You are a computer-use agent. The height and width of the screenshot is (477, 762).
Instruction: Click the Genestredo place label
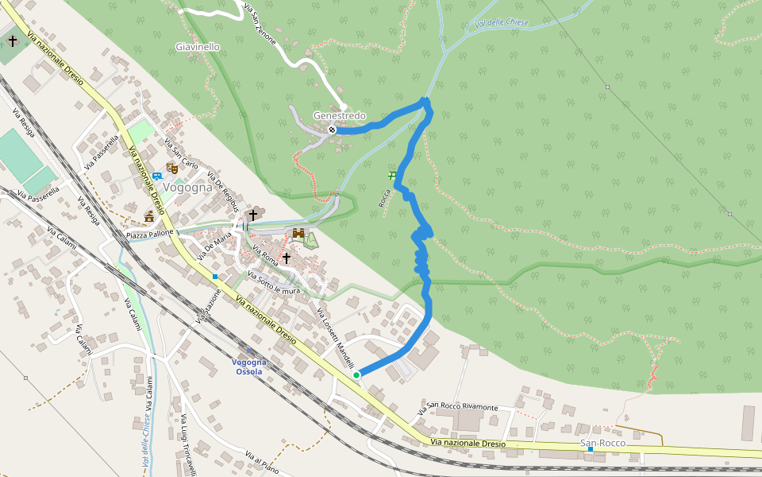(x=339, y=116)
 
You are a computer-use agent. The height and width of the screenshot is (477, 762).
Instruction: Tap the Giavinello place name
(x=197, y=47)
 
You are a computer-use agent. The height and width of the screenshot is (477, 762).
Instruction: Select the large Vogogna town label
(x=185, y=188)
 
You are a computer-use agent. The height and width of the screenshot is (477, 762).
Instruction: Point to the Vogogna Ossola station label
(x=249, y=366)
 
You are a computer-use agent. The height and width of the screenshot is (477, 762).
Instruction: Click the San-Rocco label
(x=602, y=443)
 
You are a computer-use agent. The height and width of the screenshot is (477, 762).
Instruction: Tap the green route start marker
(x=356, y=374)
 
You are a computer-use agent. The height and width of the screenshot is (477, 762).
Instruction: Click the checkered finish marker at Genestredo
(x=331, y=130)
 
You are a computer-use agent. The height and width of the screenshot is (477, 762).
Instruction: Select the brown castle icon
(x=298, y=234)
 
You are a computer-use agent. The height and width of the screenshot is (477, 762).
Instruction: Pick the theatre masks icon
(x=171, y=169)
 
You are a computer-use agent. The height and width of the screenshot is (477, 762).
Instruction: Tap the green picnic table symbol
(x=391, y=174)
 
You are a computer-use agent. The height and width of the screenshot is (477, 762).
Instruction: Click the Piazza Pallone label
(x=149, y=235)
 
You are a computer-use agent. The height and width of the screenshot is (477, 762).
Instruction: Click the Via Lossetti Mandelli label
(x=333, y=335)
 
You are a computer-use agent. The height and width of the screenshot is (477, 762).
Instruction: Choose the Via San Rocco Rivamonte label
(x=458, y=409)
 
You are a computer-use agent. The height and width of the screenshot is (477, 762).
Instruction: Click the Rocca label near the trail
(x=384, y=198)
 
